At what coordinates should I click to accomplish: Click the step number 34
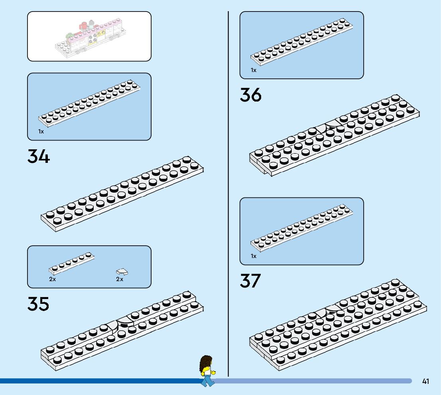tap(39, 156)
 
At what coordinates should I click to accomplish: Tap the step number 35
tap(38, 304)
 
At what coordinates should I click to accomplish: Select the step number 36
tap(250, 95)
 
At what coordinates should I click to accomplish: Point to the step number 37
tap(250, 281)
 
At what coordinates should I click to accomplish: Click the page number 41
tap(425, 381)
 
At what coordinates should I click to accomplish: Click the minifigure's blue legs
tap(207, 381)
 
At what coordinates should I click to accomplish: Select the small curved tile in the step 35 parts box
tap(122, 272)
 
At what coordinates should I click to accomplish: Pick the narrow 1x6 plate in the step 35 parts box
tap(72, 263)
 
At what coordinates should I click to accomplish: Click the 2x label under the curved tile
tap(120, 279)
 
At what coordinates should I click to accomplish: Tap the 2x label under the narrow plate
tap(53, 279)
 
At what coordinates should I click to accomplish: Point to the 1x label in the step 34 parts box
tap(41, 131)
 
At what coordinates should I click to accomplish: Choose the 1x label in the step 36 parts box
tap(254, 70)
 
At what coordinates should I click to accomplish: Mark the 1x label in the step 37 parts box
tap(254, 256)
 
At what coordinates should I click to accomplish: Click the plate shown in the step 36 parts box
tap(302, 41)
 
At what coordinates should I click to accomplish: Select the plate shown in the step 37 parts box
tap(302, 228)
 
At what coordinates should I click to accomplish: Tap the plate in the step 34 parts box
tap(90, 102)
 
